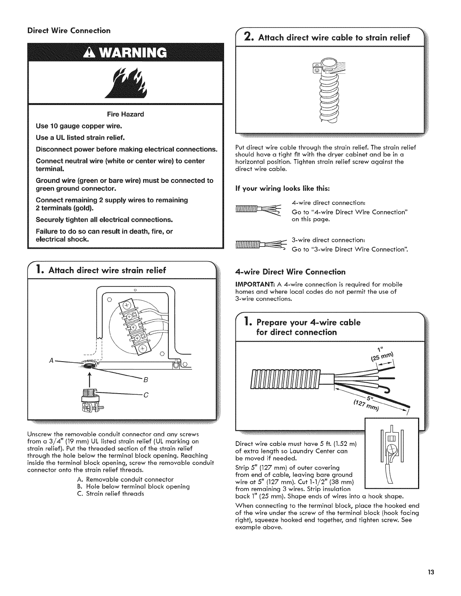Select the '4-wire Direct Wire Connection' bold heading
coord(290,272)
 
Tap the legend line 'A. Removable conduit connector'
coord(125,479)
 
